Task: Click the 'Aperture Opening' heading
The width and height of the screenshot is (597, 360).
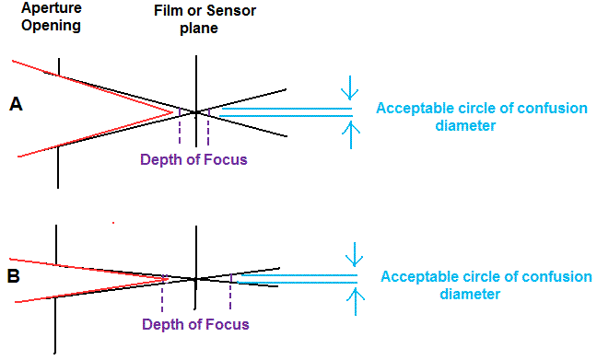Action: pyautogui.click(x=43, y=17)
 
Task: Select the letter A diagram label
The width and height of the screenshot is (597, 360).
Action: pyautogui.click(x=16, y=105)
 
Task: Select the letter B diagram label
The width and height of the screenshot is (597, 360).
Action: pyautogui.click(x=14, y=273)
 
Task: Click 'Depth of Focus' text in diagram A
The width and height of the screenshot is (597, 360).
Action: pyautogui.click(x=193, y=159)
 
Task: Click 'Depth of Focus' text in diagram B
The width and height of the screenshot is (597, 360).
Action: pyautogui.click(x=195, y=324)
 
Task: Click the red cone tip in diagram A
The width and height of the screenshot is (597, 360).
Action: pyautogui.click(x=173, y=112)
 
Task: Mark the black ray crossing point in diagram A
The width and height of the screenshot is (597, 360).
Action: pyautogui.click(x=195, y=112)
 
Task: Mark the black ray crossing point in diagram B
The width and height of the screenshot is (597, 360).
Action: pyautogui.click(x=195, y=278)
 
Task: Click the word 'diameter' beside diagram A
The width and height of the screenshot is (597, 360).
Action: pyautogui.click(x=466, y=126)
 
